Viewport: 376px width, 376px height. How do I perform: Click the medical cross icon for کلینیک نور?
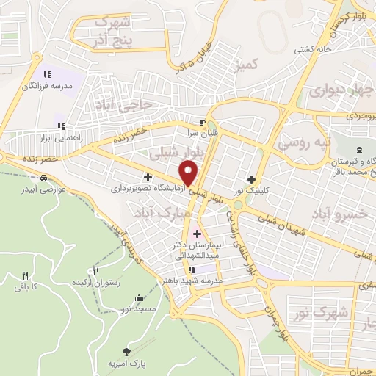coord(252,178)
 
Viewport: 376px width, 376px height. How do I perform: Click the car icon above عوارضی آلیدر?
coord(45,178)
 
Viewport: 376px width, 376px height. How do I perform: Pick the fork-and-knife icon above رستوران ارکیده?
coord(95,272)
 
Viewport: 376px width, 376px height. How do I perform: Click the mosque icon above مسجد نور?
coord(139,298)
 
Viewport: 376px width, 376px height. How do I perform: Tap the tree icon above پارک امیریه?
coord(126,352)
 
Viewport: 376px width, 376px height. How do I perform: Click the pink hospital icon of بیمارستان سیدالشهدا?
coord(196,234)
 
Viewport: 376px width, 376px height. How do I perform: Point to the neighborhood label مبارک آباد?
coord(162,212)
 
